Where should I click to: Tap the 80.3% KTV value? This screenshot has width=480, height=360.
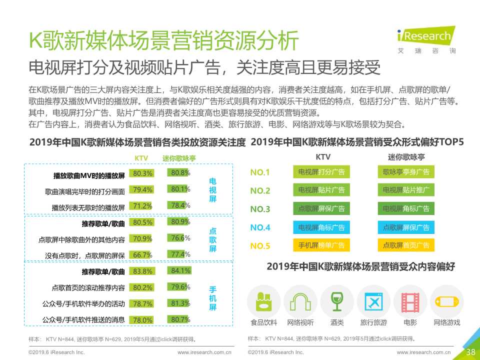coord(142,173)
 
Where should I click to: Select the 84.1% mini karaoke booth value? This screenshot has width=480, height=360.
coord(180,271)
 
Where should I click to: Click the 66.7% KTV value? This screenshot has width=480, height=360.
coord(142,254)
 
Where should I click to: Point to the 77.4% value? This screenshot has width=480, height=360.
coord(180,254)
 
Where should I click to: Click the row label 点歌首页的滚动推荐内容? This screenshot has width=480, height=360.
coord(88,288)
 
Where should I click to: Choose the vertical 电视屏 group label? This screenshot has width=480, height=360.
coord(212,190)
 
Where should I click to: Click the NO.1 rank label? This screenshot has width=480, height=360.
coord(260,173)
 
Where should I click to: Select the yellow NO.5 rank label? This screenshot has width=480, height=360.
coord(260,245)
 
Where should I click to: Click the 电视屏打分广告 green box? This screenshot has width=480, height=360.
coord(321,172)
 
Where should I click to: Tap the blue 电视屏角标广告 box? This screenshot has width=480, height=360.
coord(321,227)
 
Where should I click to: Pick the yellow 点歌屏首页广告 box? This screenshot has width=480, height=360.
coord(406,245)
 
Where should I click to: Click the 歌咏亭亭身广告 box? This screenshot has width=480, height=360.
coord(406,172)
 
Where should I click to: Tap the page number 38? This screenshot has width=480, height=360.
coord(470,352)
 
